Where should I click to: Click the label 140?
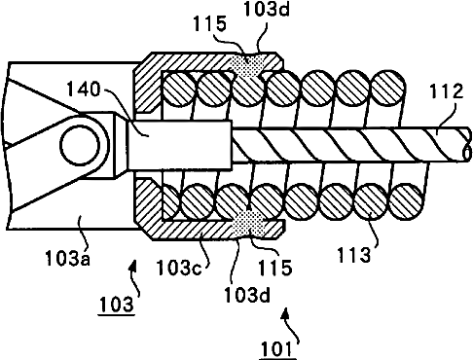(84, 90)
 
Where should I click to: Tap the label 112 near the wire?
(446, 91)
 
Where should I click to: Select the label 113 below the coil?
(353, 255)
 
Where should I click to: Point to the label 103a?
(67, 258)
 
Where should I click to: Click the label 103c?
(179, 268)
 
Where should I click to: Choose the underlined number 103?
(117, 305)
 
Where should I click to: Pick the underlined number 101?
(277, 349)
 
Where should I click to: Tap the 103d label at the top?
(266, 10)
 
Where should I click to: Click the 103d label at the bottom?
(247, 295)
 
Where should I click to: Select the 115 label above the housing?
(209, 24)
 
